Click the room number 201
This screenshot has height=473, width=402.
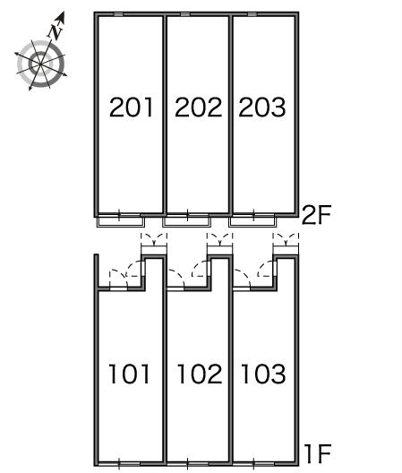[132, 107]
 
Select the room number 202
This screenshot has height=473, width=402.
[198, 107]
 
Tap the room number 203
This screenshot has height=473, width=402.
[262, 107]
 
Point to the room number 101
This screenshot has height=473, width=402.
[129, 374]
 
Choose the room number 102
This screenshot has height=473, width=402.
[200, 374]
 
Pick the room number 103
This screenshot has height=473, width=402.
[263, 374]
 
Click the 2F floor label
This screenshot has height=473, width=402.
[316, 215]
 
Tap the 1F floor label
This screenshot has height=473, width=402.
[318, 453]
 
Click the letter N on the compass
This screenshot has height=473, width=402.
[56, 31]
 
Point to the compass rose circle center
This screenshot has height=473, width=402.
[40, 64]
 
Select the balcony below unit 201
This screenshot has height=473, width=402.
[121, 222]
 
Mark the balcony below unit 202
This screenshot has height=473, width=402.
[187, 222]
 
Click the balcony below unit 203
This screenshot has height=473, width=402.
[252, 222]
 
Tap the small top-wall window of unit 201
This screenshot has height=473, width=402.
[118, 14]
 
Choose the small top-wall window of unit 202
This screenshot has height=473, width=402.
[184, 14]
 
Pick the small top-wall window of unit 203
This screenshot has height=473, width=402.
[252, 14]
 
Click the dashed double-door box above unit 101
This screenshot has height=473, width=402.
[154, 240]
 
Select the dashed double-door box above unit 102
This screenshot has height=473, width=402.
[219, 240]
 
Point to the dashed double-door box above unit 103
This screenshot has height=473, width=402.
[286, 240]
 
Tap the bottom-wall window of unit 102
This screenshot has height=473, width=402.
[188, 464]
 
